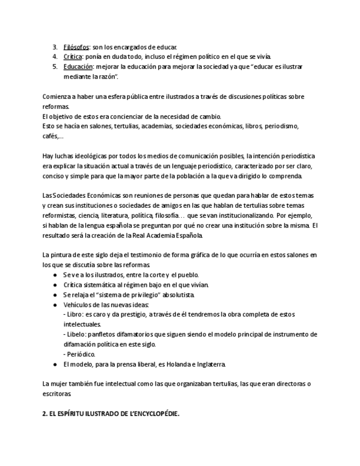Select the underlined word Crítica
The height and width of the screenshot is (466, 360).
click(x=73, y=57)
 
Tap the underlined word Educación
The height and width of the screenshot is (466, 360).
click(x=78, y=66)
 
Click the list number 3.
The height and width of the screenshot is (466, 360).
click(x=55, y=47)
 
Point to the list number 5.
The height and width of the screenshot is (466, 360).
click(x=55, y=66)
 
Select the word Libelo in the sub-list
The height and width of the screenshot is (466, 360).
click(x=75, y=334)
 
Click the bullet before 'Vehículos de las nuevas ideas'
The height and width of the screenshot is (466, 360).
click(x=55, y=304)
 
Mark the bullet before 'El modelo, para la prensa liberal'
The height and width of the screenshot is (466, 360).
click(x=55, y=364)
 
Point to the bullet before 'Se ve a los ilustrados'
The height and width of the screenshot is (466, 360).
click(x=55, y=275)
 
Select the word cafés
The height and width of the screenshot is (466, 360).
click(x=51, y=136)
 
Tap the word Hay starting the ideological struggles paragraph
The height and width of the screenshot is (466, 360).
click(x=48, y=156)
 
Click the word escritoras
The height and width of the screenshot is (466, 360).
click(x=57, y=394)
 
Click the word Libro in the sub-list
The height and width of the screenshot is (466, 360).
click(x=74, y=314)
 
